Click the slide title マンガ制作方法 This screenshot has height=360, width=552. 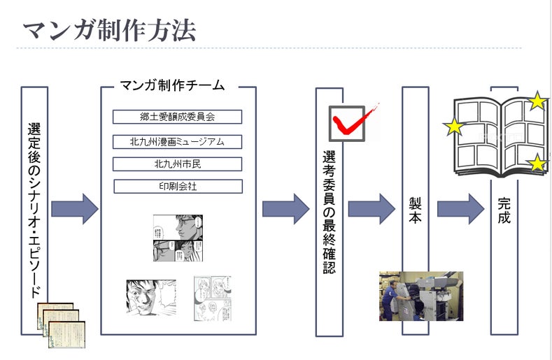pyautogui.click(x=109, y=30)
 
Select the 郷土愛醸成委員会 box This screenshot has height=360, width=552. pyautogui.click(x=178, y=117)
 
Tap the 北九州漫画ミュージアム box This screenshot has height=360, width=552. pyautogui.click(x=178, y=142)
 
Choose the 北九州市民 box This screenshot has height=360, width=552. pyautogui.click(x=178, y=164)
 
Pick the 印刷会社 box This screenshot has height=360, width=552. pyautogui.click(x=178, y=187)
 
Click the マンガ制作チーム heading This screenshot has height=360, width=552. pyautogui.click(x=172, y=86)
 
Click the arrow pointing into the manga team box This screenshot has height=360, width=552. pyautogui.click(x=76, y=208)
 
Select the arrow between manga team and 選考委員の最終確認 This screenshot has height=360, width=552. pyautogui.click(x=285, y=208)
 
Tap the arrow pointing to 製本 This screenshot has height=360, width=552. pyautogui.click(x=371, y=208)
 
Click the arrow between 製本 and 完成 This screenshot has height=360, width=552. pyautogui.click(x=460, y=208)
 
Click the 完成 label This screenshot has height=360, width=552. pyautogui.click(x=504, y=210)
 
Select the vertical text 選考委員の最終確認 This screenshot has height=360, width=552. pyautogui.click(x=329, y=210)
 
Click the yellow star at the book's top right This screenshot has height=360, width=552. pyautogui.click(x=537, y=101)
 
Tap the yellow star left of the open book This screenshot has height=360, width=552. pyautogui.click(x=454, y=127)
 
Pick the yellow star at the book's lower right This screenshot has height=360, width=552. pyautogui.click(x=537, y=164)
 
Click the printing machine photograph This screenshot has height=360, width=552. pyautogui.click(x=420, y=296)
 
